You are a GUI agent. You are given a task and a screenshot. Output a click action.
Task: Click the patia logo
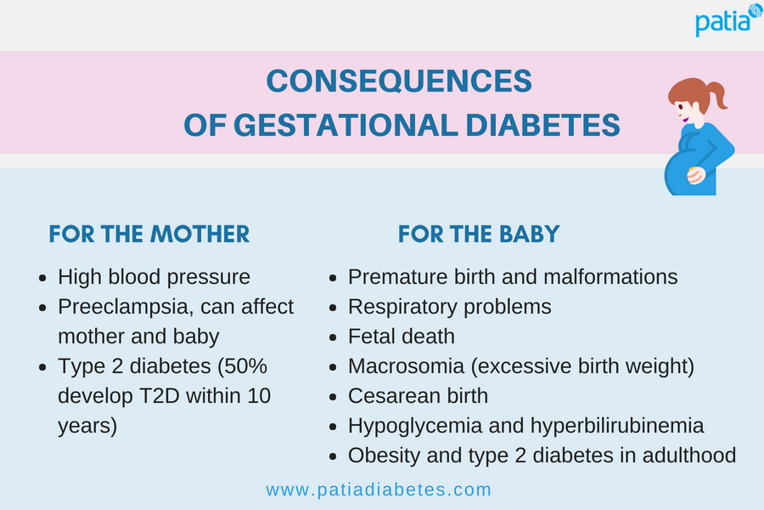pos(728,20)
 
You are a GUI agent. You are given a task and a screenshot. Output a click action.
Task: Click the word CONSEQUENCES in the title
pos(399,81)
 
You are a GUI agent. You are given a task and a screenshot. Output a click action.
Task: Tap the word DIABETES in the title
pos(542,125)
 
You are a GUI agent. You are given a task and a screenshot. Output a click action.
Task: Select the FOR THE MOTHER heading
pos(149,235)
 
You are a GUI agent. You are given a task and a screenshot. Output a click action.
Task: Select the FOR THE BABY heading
pos(479,235)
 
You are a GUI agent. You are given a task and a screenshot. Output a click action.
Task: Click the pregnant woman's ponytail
pos(717,94)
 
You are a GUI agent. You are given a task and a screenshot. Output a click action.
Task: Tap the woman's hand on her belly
pos(696,175)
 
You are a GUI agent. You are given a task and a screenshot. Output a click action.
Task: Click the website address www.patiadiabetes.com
pos(379,490)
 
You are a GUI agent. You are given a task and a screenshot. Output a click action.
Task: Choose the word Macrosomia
pos(406,366)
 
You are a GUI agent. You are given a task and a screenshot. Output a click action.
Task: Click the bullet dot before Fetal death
pos(334,337)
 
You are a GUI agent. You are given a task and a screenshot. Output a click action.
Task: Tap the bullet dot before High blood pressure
pos(43,278)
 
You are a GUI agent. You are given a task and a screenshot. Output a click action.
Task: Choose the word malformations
pos(610,277)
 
